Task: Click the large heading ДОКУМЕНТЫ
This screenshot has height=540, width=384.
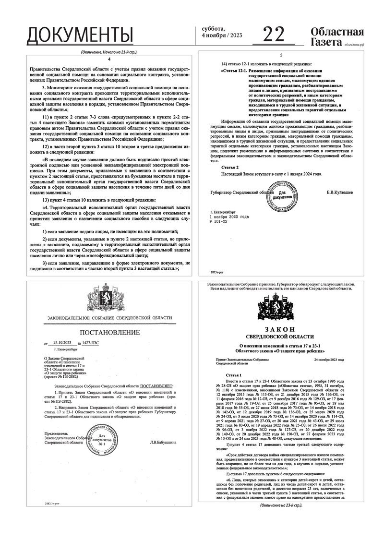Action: click(x=80, y=35)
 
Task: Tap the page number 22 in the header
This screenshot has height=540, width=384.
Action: click(x=274, y=34)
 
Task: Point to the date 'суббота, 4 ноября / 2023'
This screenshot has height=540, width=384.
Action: click(x=220, y=32)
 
